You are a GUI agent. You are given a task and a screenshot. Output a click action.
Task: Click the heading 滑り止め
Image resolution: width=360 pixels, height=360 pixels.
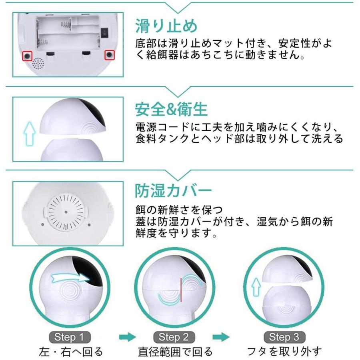(x=166, y=26)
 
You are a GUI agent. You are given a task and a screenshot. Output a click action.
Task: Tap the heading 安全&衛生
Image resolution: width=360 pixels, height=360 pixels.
(x=171, y=110)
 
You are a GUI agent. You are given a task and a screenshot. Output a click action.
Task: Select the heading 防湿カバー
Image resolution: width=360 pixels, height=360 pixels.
(x=173, y=190)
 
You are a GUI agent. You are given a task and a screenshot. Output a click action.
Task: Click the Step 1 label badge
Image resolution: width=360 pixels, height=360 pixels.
(x=70, y=337)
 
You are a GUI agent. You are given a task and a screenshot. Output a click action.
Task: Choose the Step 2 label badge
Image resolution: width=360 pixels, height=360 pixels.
(x=174, y=337)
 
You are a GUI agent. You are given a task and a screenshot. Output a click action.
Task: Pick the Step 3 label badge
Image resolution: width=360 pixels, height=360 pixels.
(x=284, y=337)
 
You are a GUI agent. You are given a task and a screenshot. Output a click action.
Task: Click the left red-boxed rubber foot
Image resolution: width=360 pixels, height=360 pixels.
(x=27, y=56)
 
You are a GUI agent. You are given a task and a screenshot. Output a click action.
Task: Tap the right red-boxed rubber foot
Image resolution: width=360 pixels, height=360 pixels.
(x=110, y=55)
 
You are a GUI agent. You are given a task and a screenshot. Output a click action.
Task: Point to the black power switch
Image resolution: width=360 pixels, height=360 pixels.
(x=104, y=32)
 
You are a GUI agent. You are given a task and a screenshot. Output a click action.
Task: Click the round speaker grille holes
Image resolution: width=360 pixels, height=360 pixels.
(x=38, y=63)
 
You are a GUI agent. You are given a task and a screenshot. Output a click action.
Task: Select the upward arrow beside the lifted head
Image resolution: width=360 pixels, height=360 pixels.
(x=30, y=133)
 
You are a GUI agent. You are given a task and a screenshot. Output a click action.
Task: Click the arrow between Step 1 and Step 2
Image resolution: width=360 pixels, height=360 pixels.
(x=128, y=337)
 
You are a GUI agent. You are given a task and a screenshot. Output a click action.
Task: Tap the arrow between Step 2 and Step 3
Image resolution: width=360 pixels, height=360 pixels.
(x=221, y=337)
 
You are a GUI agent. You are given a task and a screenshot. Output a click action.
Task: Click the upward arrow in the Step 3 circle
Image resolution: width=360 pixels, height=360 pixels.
(x=256, y=287)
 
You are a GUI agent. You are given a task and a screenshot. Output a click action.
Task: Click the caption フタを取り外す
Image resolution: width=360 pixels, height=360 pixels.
(x=284, y=352)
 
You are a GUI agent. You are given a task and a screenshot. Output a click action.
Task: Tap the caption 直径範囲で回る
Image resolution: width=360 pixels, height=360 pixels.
(x=175, y=352)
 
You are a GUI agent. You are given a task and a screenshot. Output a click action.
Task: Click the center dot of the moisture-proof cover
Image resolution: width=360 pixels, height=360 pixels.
(x=66, y=212)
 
